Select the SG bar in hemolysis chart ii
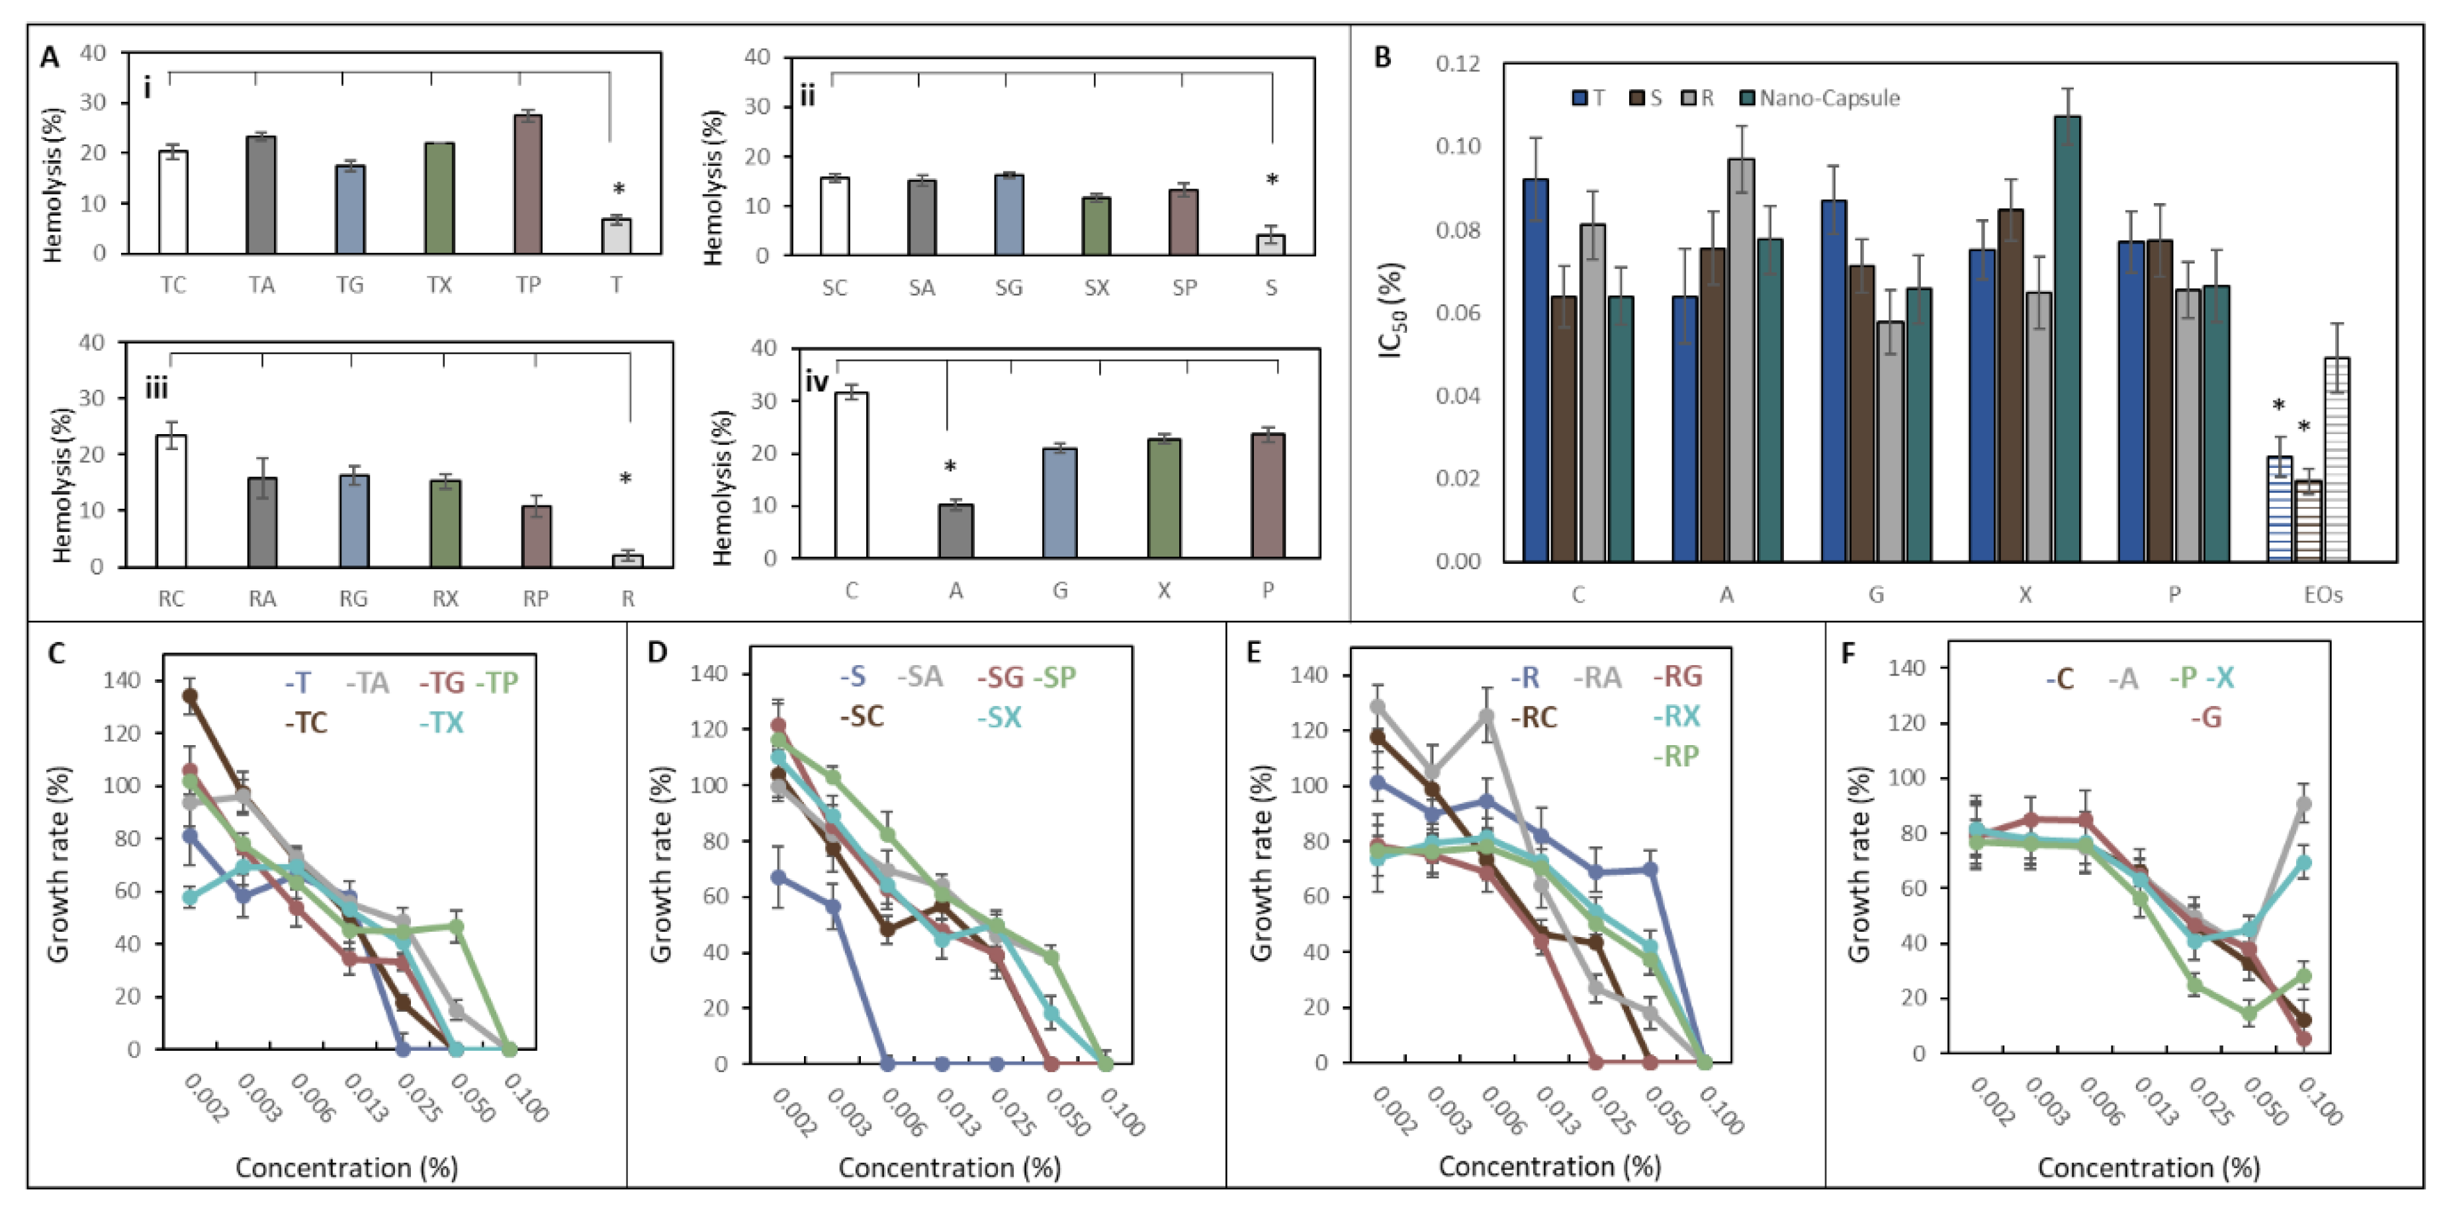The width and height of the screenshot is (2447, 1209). point(1009,216)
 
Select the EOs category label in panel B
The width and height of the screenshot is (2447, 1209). point(2323,596)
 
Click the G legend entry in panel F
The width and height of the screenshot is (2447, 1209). point(2205,718)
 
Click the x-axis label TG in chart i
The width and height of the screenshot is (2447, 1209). point(349,286)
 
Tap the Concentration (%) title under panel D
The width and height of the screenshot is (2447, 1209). point(949,1168)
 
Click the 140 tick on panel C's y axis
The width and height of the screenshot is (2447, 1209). point(122,681)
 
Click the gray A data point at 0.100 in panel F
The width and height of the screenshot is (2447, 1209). point(2303,805)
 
